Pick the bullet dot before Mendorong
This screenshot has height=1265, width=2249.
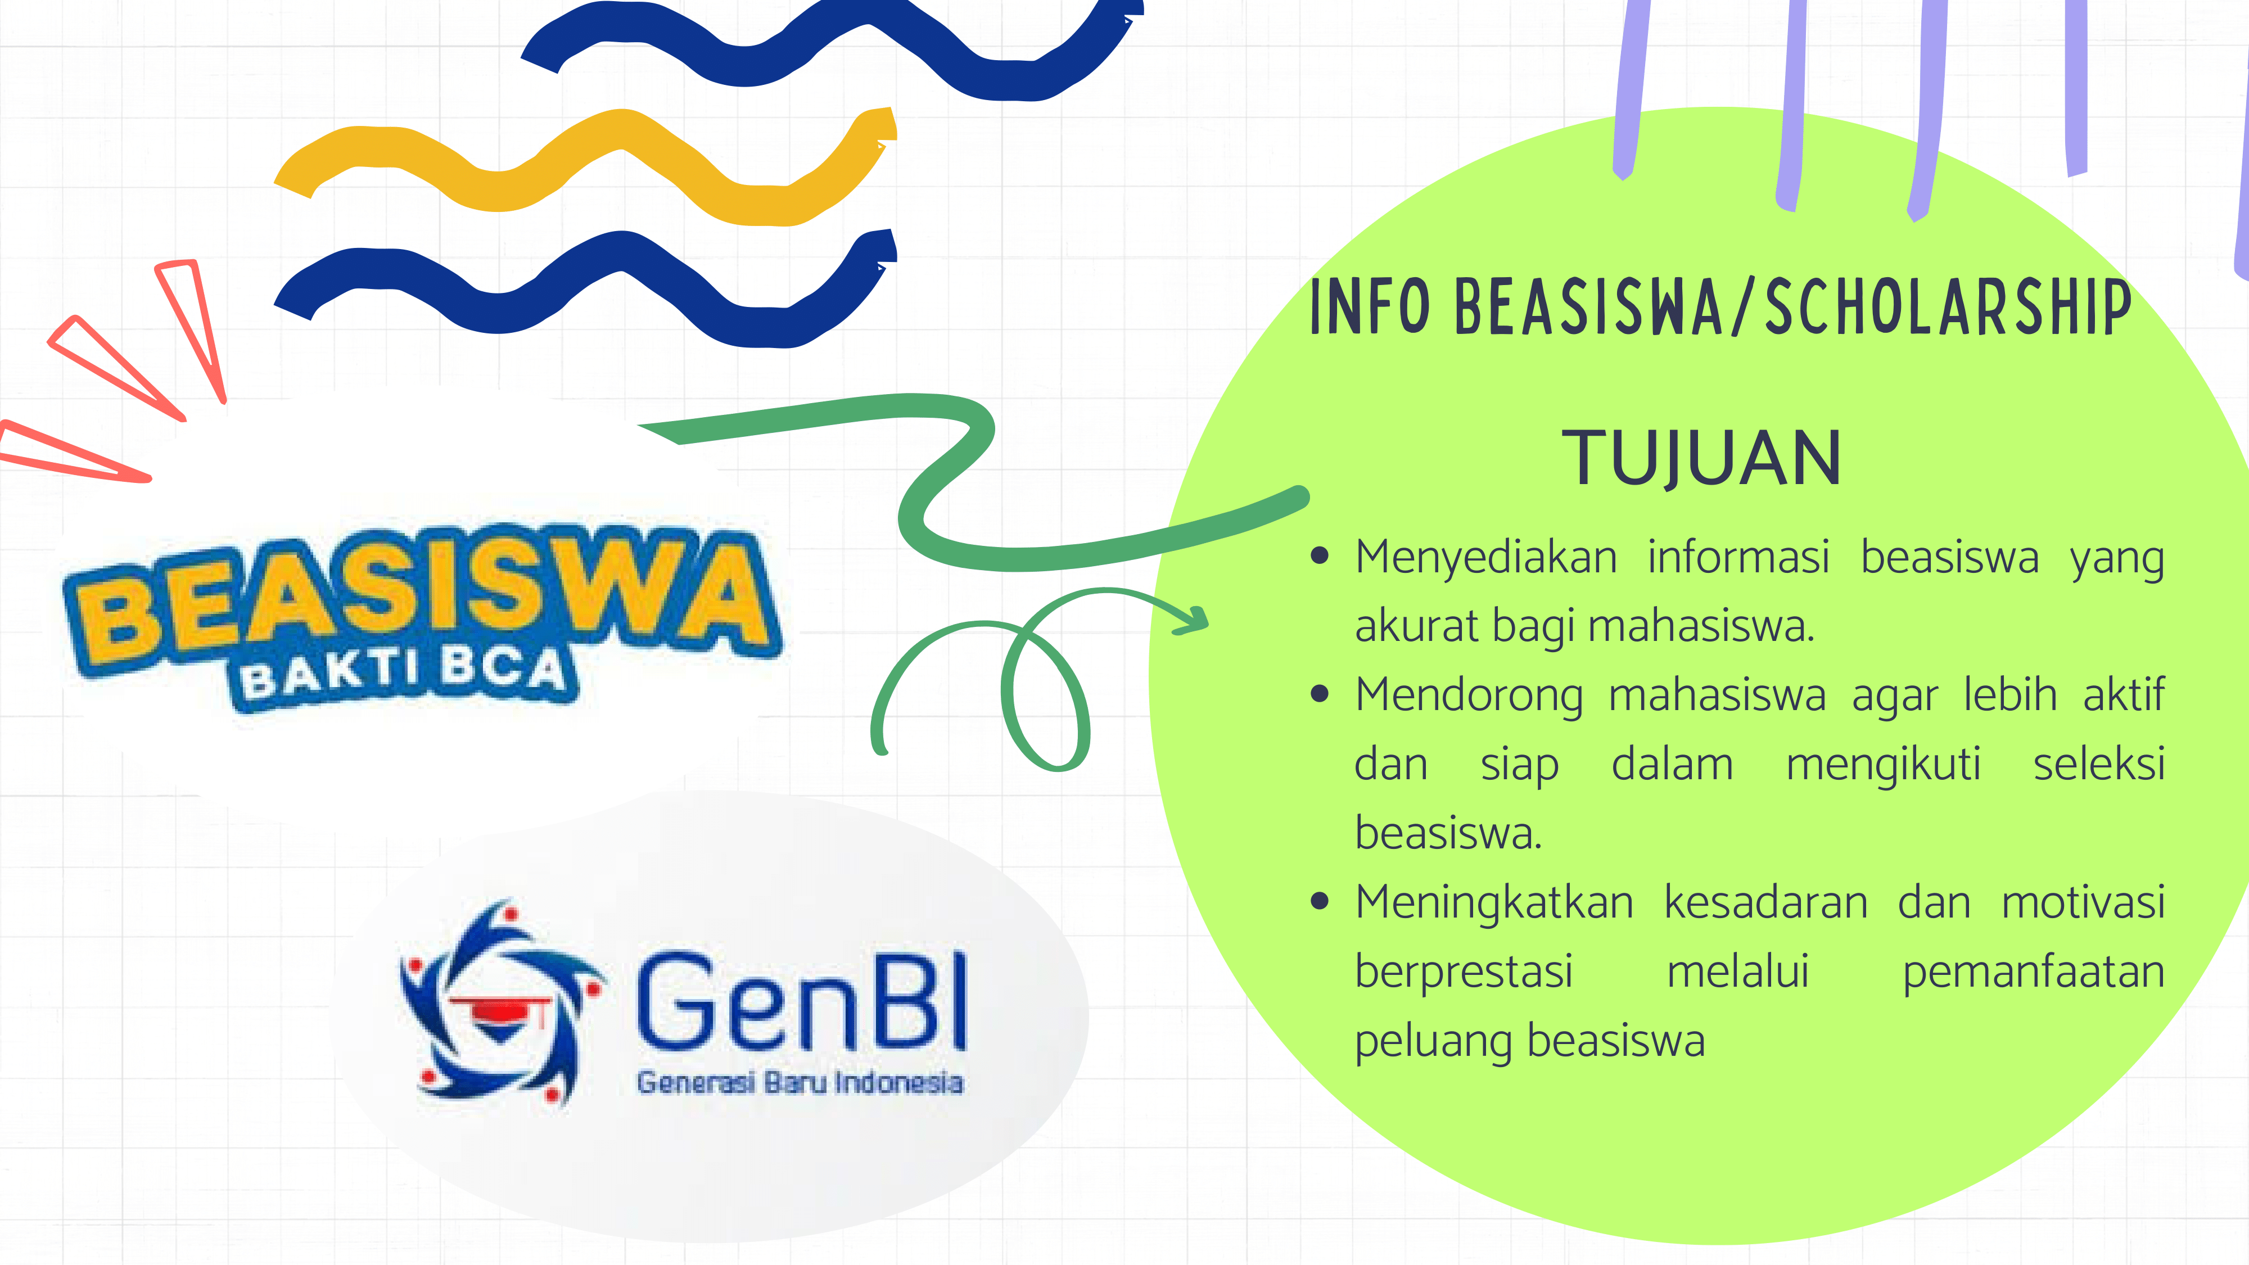click(x=1320, y=695)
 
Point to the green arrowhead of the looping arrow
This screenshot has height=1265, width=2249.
click(x=1192, y=619)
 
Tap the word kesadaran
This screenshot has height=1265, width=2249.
click(x=1765, y=903)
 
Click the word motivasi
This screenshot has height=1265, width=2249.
click(x=2083, y=903)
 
